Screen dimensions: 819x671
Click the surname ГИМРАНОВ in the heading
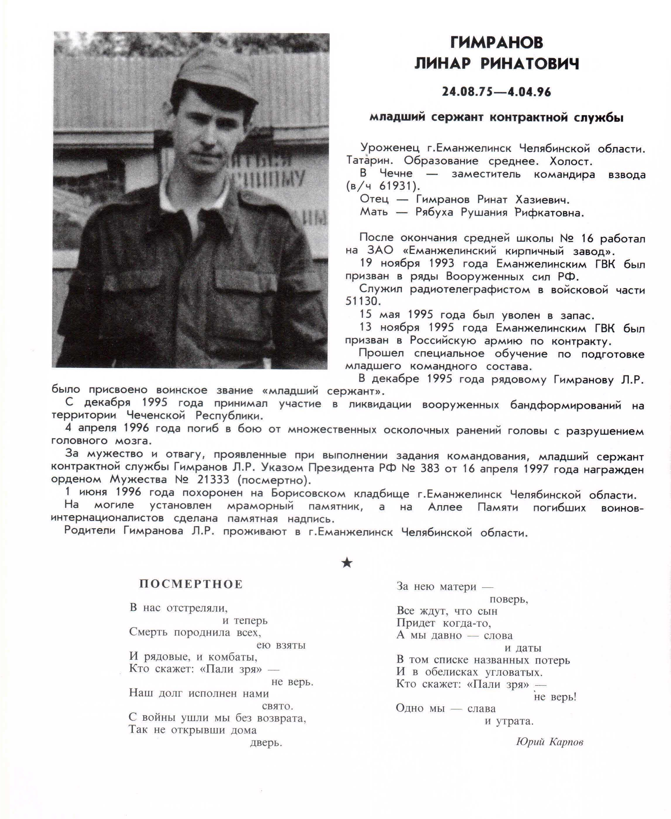pyautogui.click(x=497, y=43)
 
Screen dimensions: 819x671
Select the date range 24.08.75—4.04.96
pyautogui.click(x=497, y=92)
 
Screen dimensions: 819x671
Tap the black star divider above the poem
pyautogui.click(x=347, y=563)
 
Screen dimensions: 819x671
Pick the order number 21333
pyautogui.click(x=213, y=480)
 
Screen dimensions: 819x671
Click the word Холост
pyautogui.click(x=570, y=161)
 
